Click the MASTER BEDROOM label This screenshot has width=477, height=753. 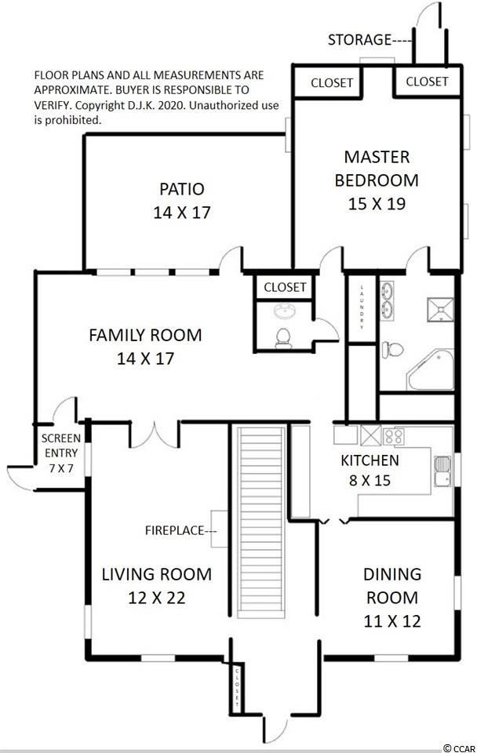coord(377,180)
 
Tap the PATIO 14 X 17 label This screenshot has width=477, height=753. coord(181,200)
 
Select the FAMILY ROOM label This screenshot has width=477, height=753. coord(145,347)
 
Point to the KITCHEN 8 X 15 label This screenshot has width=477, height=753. coord(370,470)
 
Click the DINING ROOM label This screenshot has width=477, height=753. coord(392,598)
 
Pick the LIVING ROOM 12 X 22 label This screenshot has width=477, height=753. coord(157,586)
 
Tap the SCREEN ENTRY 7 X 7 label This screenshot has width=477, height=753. coord(61,453)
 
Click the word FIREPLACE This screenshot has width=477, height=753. coord(175,531)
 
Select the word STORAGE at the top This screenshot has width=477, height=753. coord(359,39)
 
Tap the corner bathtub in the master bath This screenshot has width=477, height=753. coord(431,369)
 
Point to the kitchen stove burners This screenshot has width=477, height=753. coord(393,436)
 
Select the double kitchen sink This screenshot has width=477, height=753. coord(442,471)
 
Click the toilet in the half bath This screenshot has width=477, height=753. coord(283,339)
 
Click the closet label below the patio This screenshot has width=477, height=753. coord(285,287)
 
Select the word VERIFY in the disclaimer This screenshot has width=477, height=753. coord(52,106)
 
